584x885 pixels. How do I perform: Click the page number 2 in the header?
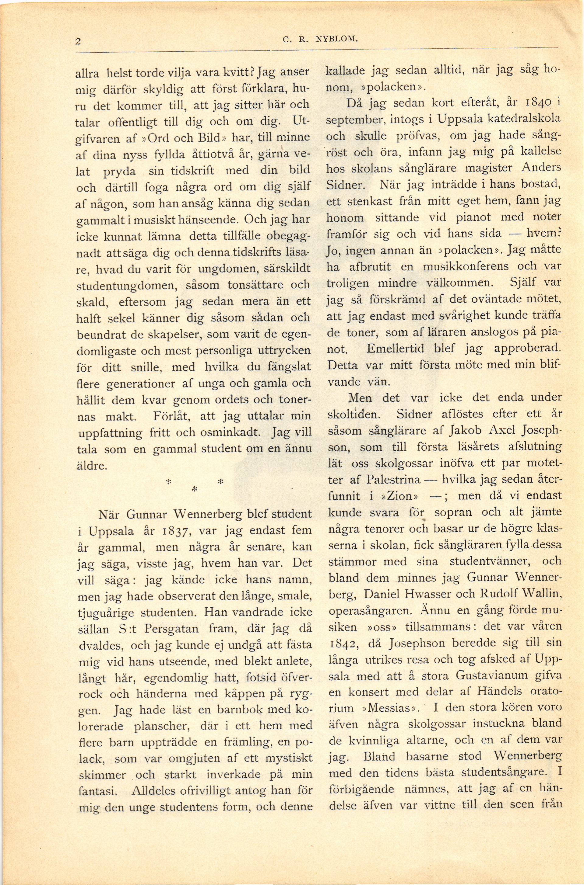pos(78,41)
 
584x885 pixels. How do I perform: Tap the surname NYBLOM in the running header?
pos(336,38)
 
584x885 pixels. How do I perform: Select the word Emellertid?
pos(395,348)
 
